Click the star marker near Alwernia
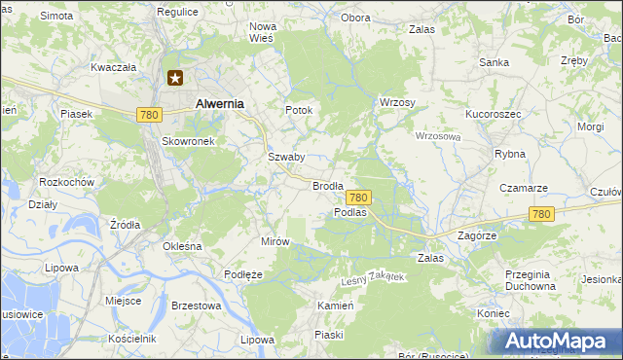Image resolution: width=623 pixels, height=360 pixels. click(x=175, y=78)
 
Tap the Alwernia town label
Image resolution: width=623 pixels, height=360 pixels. click(x=219, y=102)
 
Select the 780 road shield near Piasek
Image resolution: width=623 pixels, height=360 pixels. click(x=149, y=115)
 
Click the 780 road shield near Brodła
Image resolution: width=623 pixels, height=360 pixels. click(x=358, y=197)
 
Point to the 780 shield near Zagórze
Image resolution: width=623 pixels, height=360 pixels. click(x=542, y=214)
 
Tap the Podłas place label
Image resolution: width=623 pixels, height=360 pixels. click(x=349, y=211)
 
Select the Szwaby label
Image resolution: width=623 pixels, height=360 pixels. click(x=286, y=157)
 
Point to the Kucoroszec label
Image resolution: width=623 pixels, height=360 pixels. click(x=494, y=114)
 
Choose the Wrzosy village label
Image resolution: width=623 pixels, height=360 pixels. click(x=396, y=103)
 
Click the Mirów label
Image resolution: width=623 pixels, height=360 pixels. click(x=275, y=240)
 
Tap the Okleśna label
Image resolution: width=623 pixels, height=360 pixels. click(x=182, y=246)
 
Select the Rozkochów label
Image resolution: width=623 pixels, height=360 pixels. click(x=66, y=182)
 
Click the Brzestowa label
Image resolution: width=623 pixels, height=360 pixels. click(x=197, y=305)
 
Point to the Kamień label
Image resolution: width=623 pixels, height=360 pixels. click(x=334, y=305)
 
